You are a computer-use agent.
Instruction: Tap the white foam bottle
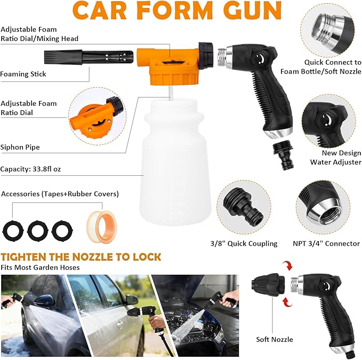coord(174,160)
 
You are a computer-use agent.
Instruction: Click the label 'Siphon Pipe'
coord(20,147)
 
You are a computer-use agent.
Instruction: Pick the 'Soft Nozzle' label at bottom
coord(274,339)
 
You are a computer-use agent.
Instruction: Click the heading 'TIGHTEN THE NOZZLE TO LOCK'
coord(81,257)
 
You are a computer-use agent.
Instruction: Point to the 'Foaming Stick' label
coord(23,74)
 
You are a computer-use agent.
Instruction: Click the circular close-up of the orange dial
coord(94,114)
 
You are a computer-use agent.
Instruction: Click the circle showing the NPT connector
coord(327,205)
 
